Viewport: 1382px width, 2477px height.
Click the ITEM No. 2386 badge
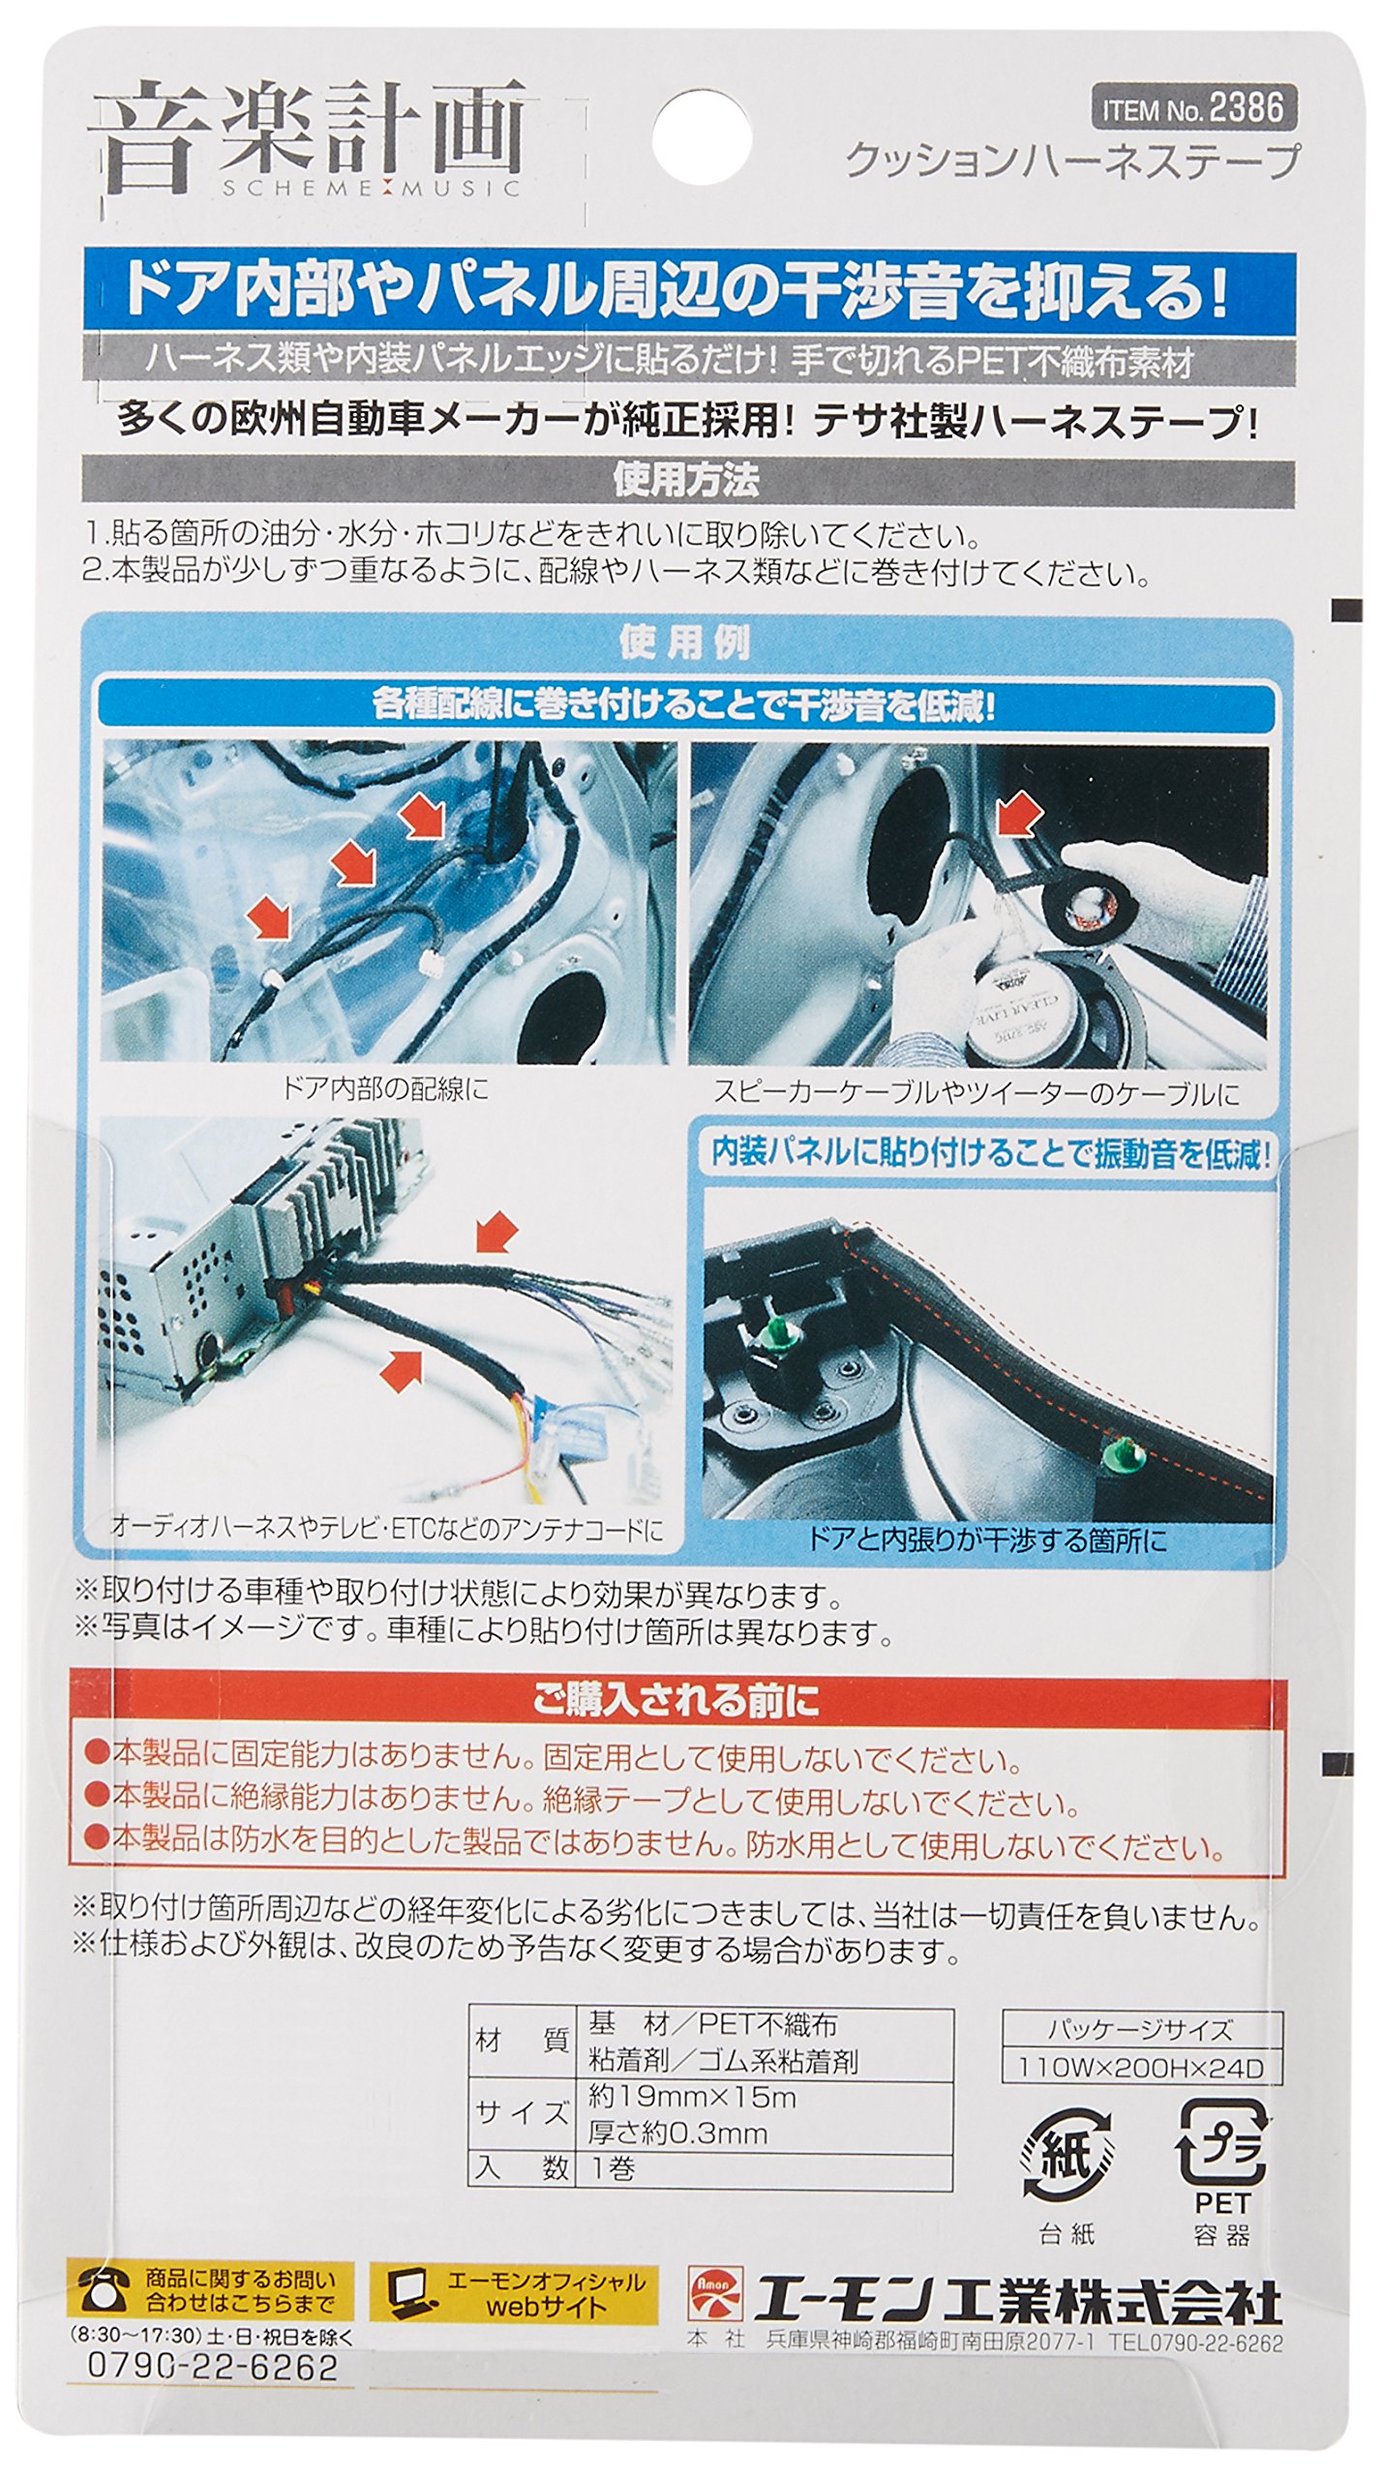pos(1194,108)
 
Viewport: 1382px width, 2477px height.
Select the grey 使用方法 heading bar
pos(687,480)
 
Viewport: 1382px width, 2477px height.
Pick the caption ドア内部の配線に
pos(385,1089)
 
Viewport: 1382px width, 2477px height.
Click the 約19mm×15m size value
pos(693,2097)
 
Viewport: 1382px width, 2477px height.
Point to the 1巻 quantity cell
pos(613,2168)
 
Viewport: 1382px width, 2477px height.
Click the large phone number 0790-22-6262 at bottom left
pos(213,2358)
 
